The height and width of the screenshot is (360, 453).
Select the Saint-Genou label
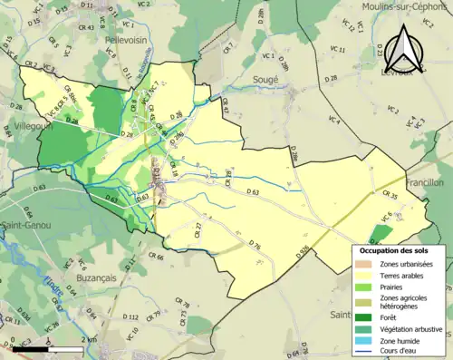pyautogui.click(x=25, y=225)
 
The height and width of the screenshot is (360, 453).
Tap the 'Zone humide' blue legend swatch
pyautogui.click(x=365, y=341)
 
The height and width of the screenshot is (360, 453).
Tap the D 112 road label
pyautogui.click(x=129, y=316)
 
